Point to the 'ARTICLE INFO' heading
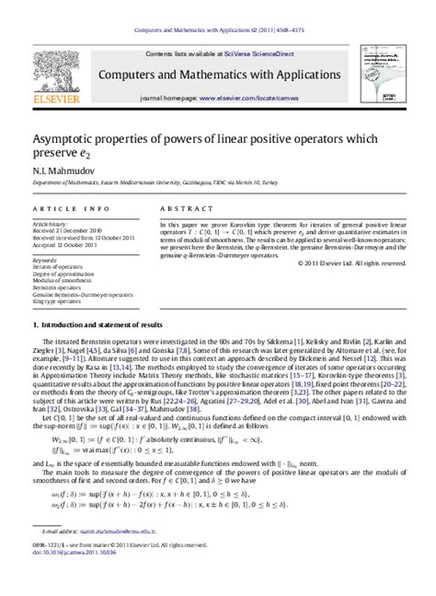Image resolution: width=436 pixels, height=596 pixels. click(63, 209)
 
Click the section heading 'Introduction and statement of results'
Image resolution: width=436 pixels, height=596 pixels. click(101, 325)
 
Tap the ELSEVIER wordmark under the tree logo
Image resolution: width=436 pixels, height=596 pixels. click(58, 94)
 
